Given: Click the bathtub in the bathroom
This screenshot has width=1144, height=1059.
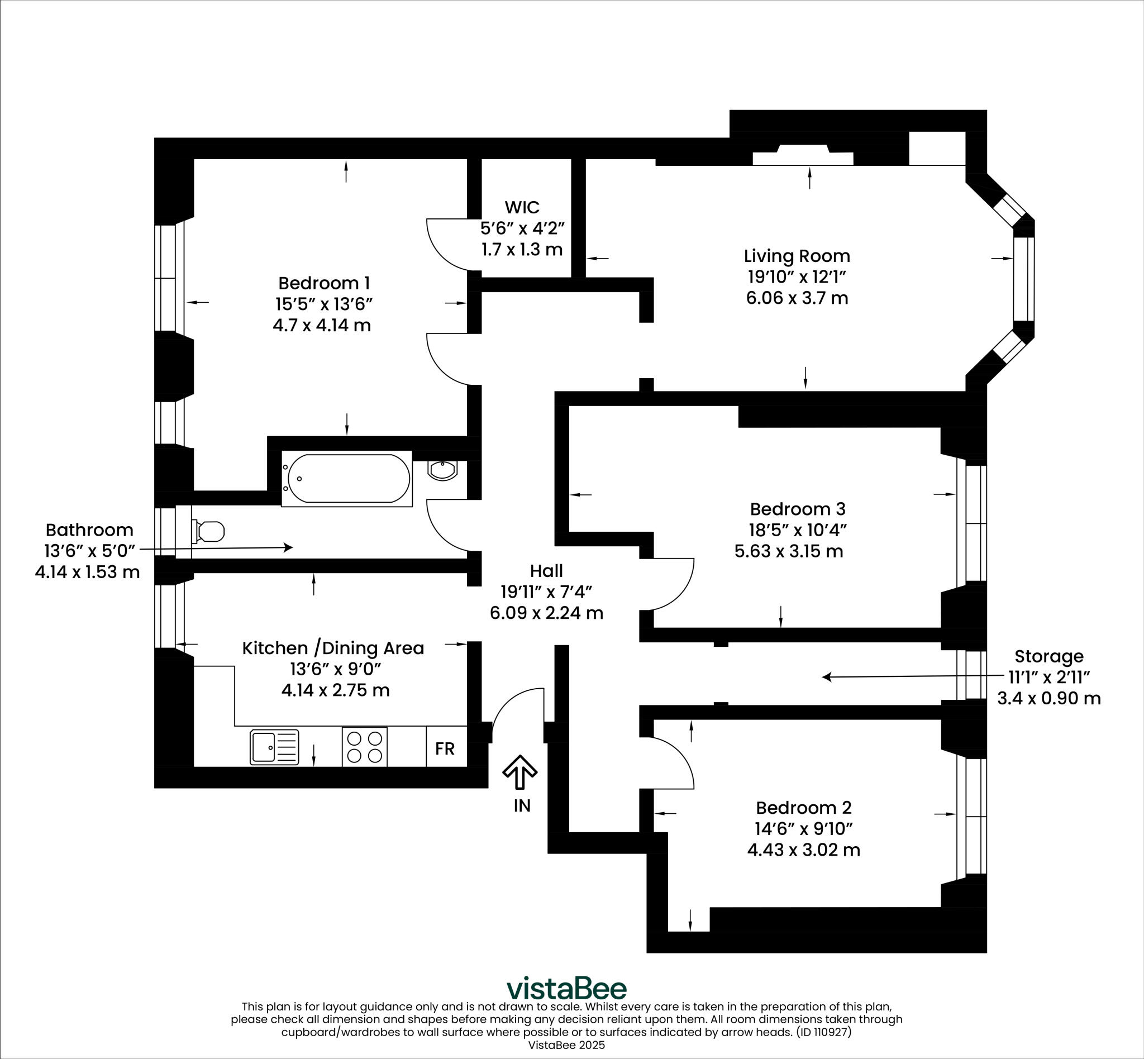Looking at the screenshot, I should click(349, 479).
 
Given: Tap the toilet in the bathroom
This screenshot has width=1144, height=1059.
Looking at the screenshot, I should click(209, 531).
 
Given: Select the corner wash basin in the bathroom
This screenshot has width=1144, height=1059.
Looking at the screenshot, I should click(442, 470).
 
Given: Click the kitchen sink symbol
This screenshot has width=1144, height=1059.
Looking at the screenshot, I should click(274, 747).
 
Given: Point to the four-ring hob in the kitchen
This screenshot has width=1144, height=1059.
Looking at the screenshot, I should click(365, 747).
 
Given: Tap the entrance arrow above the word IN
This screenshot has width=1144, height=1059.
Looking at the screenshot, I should click(520, 771).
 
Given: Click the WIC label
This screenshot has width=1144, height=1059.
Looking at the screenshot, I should click(522, 206).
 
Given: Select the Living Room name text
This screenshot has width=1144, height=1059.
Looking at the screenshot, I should click(797, 256).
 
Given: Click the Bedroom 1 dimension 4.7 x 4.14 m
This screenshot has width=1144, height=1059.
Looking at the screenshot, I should click(322, 326).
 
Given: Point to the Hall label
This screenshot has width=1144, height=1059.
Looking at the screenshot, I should click(546, 571).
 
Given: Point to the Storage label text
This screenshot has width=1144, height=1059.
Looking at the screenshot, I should click(1049, 656).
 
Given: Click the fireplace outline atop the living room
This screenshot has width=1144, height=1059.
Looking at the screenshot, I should click(802, 156).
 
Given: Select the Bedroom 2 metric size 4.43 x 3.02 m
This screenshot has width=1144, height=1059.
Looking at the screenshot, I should click(804, 850).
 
